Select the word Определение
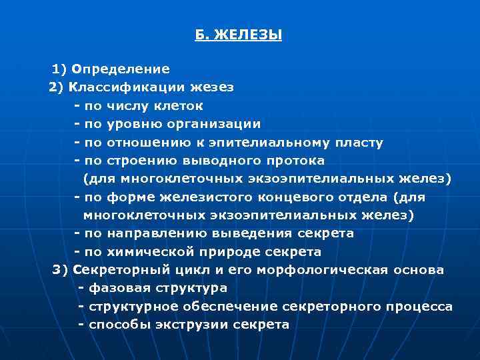pyautogui.click(x=121, y=69)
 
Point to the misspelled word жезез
pyautogui.click(x=212, y=87)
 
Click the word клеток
pyautogui.click(x=180, y=105)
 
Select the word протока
pyautogui.click(x=293, y=161)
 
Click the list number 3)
pyautogui.click(x=61, y=270)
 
